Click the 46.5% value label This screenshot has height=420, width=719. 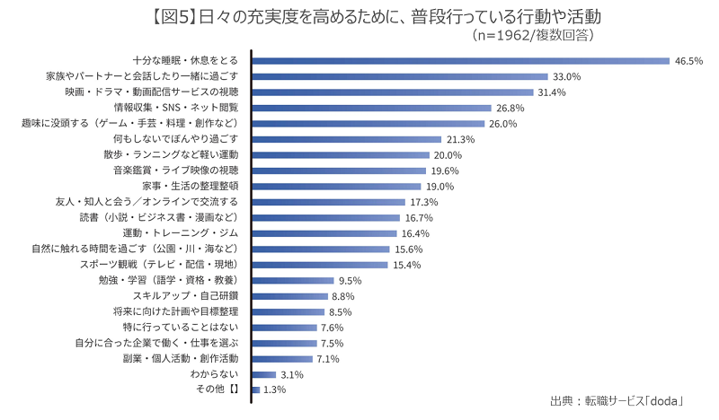(x=688, y=61)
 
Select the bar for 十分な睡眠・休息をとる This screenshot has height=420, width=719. (x=461, y=61)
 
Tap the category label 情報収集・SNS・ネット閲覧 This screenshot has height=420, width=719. (x=176, y=108)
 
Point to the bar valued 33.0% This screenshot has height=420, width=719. (x=400, y=76)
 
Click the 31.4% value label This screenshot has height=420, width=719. (x=552, y=92)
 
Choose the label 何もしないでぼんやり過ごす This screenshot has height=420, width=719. (x=176, y=139)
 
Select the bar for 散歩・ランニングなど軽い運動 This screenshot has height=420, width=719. (x=341, y=155)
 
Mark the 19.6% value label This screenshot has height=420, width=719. (x=445, y=171)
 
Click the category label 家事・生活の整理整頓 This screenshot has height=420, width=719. (x=191, y=186)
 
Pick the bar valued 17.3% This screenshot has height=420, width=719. (x=329, y=202)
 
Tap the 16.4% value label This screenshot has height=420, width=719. (x=415, y=233)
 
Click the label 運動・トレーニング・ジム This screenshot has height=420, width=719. (x=181, y=233)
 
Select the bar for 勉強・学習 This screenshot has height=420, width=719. (x=293, y=280)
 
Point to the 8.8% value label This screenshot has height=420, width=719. (x=343, y=296)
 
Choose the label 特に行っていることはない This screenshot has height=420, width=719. (x=181, y=327)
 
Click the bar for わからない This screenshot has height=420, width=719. (x=264, y=374)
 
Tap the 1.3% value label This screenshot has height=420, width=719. (x=275, y=389)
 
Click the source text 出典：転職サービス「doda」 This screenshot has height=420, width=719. (x=617, y=401)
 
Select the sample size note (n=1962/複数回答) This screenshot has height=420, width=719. (x=533, y=35)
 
